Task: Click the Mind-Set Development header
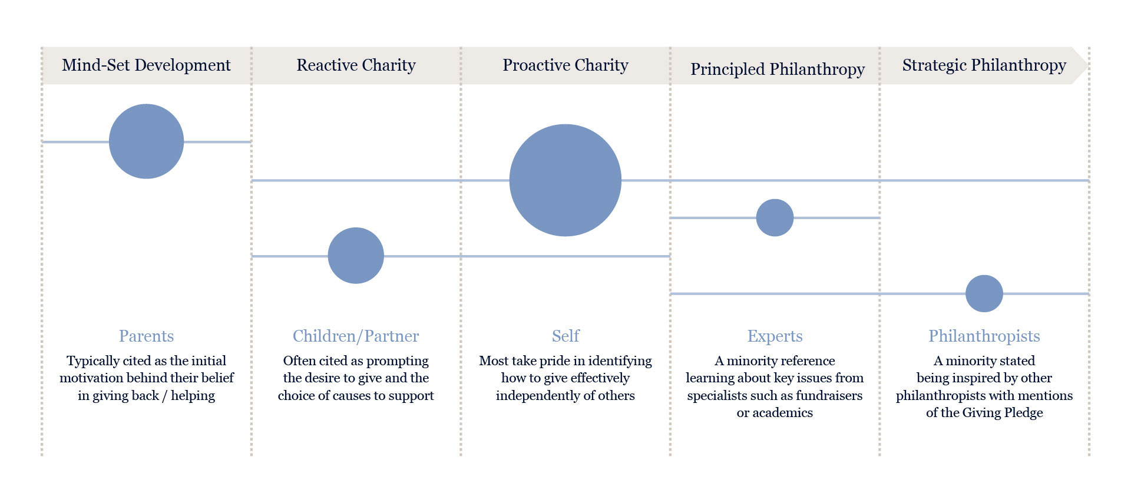coord(146,65)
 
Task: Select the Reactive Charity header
coord(356,65)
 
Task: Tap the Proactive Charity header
coord(565,65)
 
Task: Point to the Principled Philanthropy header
coord(778,69)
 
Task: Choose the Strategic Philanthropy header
coord(984,65)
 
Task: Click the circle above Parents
coord(146,141)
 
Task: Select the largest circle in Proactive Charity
coord(565,180)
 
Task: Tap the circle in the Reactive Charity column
coord(356,256)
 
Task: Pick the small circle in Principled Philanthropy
coord(775,218)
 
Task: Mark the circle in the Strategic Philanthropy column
coord(984,293)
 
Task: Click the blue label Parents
coord(146,336)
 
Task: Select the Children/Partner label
coord(356,336)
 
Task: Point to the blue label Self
coord(565,336)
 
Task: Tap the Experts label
coord(775,336)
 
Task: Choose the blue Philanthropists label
coord(984,336)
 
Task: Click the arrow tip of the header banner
coord(1087,65)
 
